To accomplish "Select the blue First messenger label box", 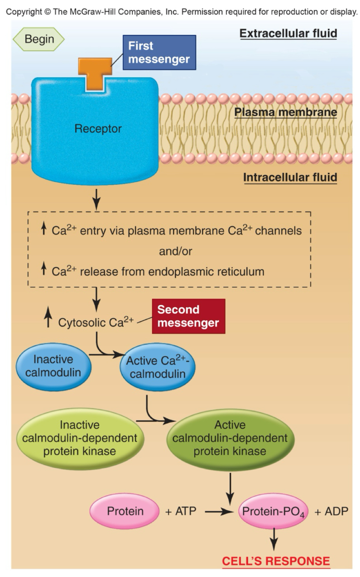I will (x=159, y=52).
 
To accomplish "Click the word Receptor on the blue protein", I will (x=98, y=129).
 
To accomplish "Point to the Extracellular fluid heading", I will (x=288, y=34).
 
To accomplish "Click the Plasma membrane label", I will (x=286, y=112).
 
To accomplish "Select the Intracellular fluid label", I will (x=290, y=177).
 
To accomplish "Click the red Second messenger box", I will (x=188, y=316).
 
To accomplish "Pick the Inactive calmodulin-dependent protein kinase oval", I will (x=80, y=438).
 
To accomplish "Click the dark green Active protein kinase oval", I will (x=230, y=438).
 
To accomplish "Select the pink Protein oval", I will (x=125, y=511).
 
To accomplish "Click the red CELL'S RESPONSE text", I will (x=276, y=561).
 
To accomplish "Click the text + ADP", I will (x=331, y=512).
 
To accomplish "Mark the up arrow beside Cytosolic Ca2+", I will (x=48, y=319).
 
